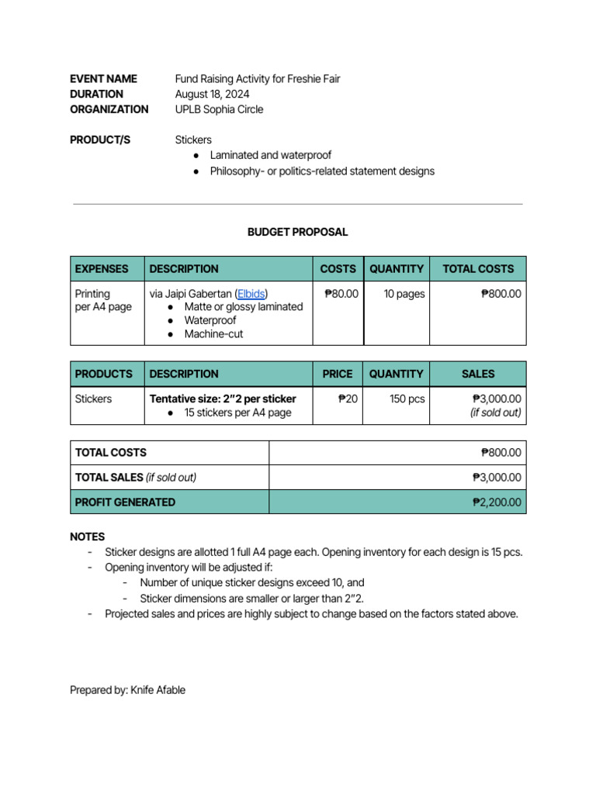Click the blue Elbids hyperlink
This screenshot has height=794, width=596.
251,294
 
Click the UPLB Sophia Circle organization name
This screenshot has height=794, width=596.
219,109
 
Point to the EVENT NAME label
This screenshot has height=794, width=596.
103,78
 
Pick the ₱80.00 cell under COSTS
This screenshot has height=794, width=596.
341,294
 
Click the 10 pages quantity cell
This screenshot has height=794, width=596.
404,294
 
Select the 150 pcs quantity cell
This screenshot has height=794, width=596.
407,399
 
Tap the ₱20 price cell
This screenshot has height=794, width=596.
348,399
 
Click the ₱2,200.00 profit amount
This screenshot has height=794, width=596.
497,502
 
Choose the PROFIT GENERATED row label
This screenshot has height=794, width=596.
125,502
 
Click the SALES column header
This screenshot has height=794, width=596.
477,374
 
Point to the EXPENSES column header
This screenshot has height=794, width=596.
102,269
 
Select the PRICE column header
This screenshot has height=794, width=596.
338,374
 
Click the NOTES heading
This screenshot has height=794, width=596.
87,537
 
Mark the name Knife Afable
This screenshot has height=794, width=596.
158,689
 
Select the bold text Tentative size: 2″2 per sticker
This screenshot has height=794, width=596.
223,399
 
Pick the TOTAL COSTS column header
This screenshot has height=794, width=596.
478,269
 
